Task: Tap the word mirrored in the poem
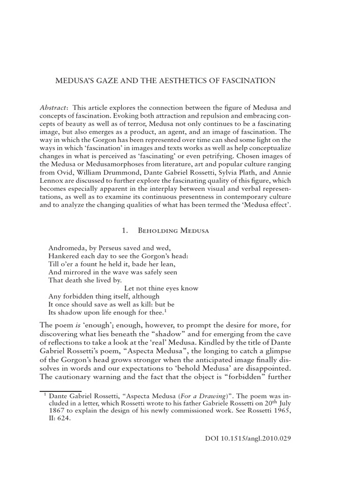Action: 76,271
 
